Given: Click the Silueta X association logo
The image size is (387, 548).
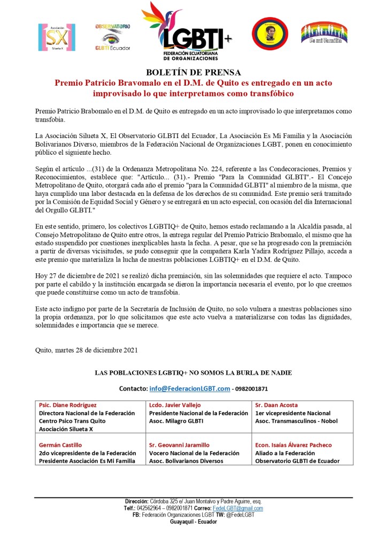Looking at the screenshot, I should click(57, 36).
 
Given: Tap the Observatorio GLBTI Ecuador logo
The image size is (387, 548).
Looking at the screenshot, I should click(113, 36).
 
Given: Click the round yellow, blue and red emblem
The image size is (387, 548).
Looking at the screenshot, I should click(270, 35).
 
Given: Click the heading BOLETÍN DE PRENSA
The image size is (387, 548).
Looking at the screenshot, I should click(193, 72).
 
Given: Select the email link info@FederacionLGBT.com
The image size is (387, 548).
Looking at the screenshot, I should click(190, 389).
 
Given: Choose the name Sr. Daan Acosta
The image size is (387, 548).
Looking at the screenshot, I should click(276, 405).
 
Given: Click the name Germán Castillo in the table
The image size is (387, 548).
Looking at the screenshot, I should click(60, 445).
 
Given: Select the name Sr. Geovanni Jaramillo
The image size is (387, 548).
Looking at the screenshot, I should click(179, 445).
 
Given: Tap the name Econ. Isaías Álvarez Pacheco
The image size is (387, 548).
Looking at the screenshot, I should click(293, 445).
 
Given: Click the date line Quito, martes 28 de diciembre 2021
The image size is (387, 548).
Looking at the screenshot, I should click(87, 351).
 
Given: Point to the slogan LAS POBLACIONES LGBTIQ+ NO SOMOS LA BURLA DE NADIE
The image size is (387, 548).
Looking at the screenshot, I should click(193, 372).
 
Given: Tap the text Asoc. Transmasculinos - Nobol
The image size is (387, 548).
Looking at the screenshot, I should click(292, 421).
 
